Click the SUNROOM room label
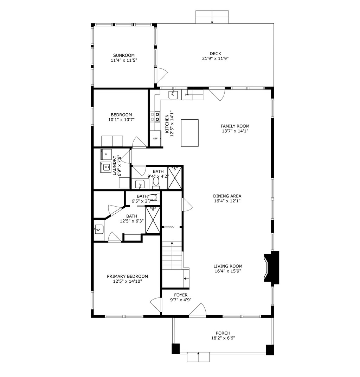[x=123, y=55]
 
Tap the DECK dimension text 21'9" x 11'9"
[x=215, y=59]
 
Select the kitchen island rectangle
[x=189, y=133]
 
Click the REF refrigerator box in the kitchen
[x=155, y=138]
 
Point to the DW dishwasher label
[x=187, y=95]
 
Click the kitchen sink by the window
[x=173, y=94]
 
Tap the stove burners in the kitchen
[x=155, y=117]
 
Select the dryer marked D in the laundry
[x=106, y=154]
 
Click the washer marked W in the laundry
[x=106, y=167]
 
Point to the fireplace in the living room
[x=272, y=267]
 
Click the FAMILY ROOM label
[x=235, y=126]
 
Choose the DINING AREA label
[x=227, y=196]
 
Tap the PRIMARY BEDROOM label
[x=127, y=276]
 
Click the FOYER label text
[x=181, y=295]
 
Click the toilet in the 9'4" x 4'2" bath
[x=156, y=182]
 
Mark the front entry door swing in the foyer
[x=198, y=310]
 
